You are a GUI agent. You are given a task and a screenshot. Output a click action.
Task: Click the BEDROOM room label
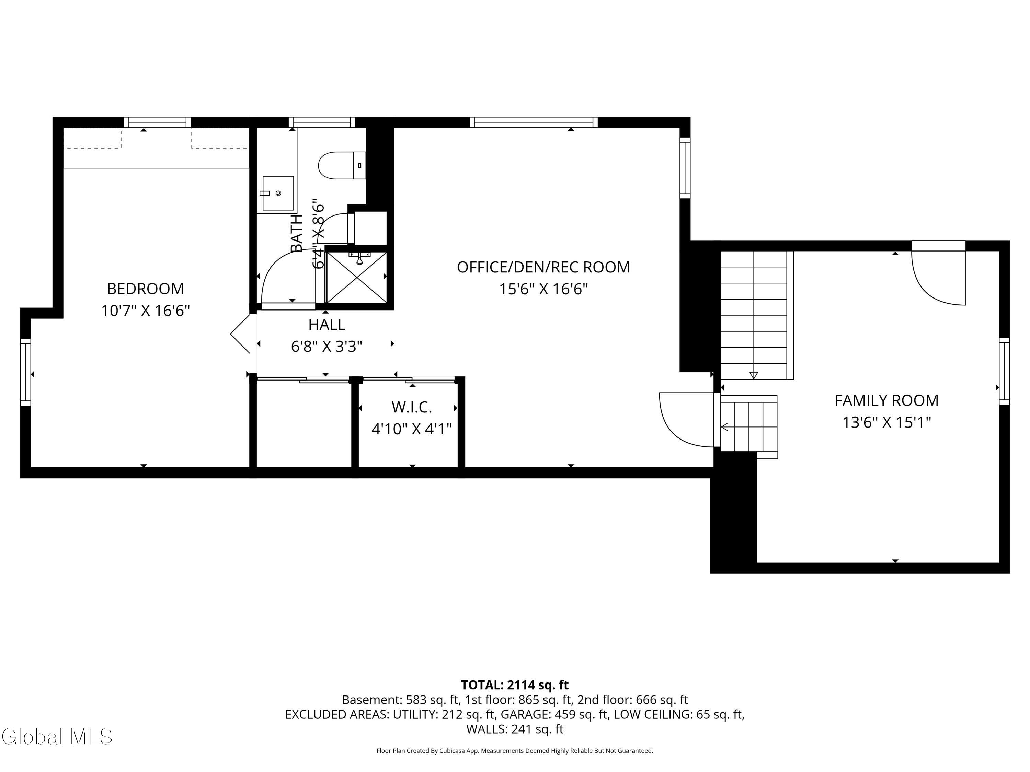145,289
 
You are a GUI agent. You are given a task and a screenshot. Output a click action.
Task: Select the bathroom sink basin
278,193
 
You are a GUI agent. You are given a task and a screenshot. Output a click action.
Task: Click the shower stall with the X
356,277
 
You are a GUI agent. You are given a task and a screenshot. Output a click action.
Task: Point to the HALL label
327,324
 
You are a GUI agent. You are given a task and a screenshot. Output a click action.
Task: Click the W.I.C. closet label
412,407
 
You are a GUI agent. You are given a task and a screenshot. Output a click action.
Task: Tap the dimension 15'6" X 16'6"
543,289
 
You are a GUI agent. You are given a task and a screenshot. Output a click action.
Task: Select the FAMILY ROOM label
886,400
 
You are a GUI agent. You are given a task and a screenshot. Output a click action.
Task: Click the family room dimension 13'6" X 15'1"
886,422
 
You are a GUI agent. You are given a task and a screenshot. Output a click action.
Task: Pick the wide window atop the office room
534,122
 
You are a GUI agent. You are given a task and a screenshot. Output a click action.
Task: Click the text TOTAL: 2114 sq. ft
515,685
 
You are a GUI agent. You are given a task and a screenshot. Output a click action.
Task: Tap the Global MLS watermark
57,736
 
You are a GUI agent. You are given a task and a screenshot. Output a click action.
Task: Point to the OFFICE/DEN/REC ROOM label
543,267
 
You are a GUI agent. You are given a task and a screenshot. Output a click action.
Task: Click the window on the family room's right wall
1004,371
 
